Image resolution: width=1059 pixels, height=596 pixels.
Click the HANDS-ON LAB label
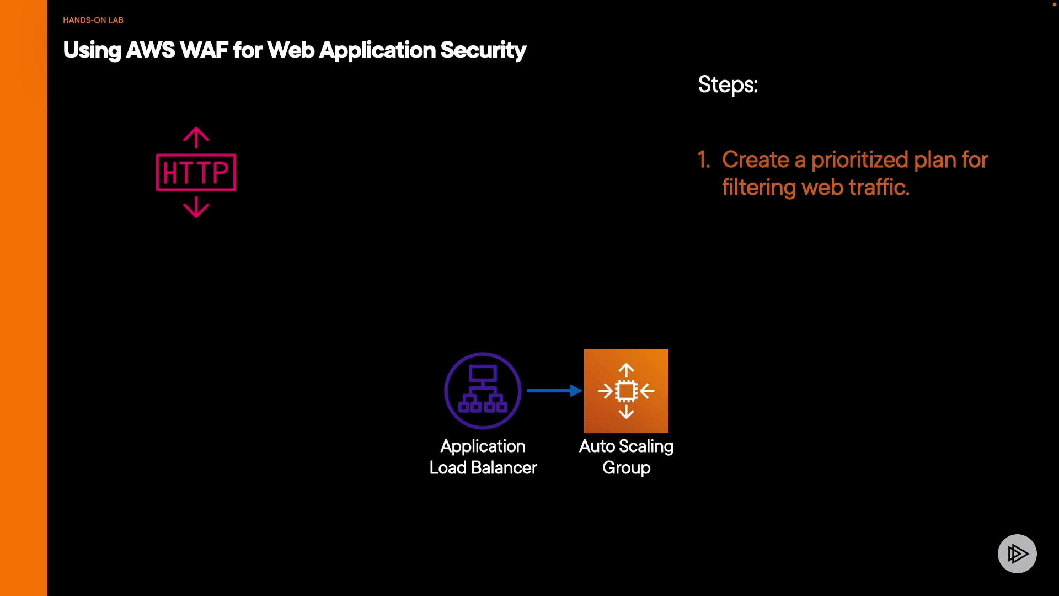[93, 20]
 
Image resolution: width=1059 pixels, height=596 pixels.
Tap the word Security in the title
[483, 50]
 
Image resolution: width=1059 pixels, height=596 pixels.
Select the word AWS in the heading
[150, 50]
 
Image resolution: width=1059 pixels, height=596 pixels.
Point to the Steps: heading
[728, 84]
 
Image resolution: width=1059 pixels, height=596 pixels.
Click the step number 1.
[703, 160]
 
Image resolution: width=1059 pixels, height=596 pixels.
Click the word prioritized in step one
[860, 160]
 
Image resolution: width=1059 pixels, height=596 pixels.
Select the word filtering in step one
[759, 188]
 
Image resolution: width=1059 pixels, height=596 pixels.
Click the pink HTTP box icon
[196, 173]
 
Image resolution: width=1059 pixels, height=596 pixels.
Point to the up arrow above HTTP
[196, 137]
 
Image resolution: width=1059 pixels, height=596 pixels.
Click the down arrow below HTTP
[196, 208]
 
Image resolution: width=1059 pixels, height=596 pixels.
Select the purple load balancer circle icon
[483, 391]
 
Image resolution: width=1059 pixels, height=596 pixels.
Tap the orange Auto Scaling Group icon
[626, 391]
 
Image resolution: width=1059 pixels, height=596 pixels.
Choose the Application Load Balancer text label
[483, 457]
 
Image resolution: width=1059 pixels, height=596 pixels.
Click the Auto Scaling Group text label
[626, 457]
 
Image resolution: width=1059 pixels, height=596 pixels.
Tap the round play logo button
[1017, 554]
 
